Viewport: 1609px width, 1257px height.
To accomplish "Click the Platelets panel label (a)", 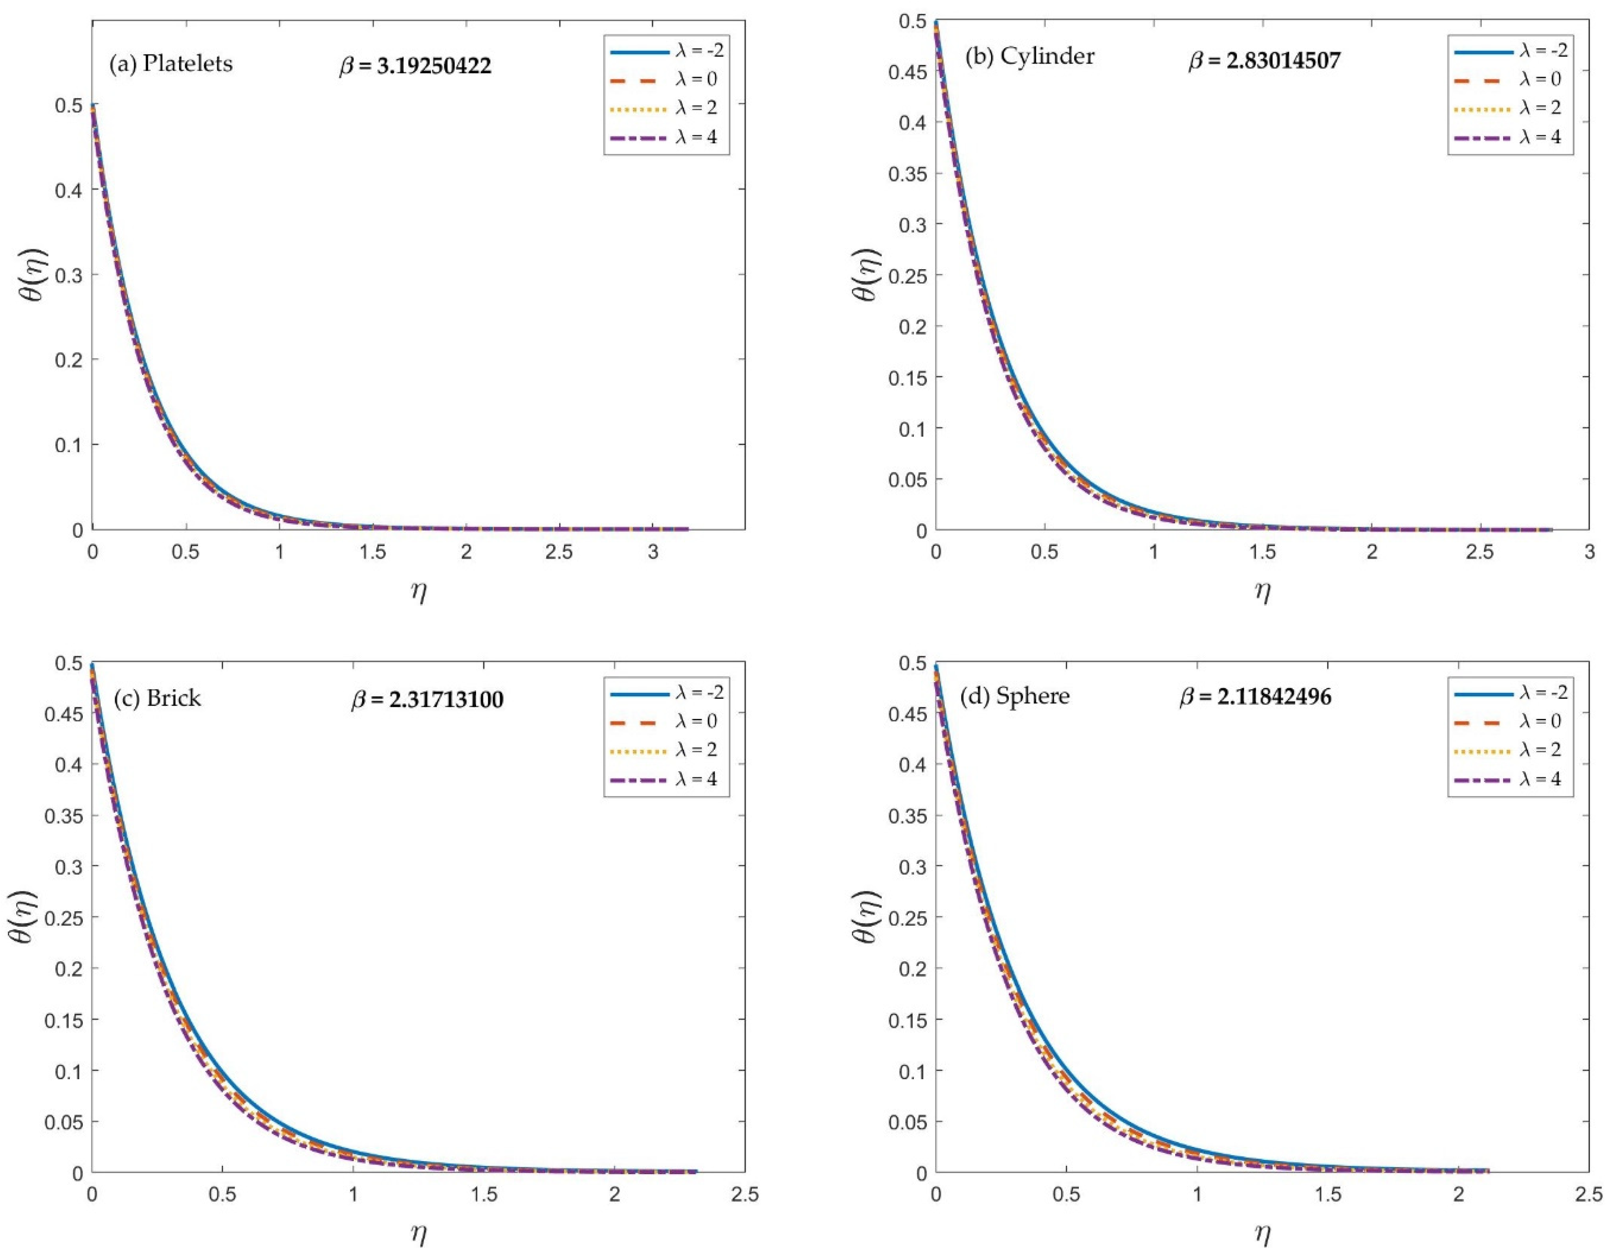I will [x=171, y=64].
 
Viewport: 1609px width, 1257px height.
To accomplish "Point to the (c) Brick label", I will [x=157, y=698].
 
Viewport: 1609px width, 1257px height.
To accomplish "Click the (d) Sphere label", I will [x=1014, y=695].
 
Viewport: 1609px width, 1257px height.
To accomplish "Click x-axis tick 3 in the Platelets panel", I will [x=653, y=552].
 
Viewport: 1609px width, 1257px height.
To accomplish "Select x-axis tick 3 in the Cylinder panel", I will [x=1589, y=552].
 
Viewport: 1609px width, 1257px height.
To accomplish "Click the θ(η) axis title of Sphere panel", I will [x=865, y=917].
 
